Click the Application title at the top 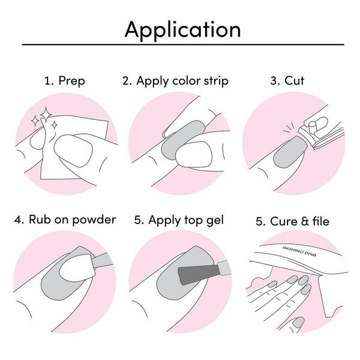point(182,30)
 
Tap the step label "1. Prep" point(65,81)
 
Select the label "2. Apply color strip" point(175,81)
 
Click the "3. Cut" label point(287,80)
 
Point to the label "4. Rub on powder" point(65,220)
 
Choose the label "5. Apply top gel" point(179,220)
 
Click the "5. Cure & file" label point(293,221)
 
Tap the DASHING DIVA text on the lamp point(299,251)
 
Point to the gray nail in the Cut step point(290,152)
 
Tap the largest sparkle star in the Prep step point(46,114)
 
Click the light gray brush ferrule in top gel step point(224,268)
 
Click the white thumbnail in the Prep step point(73,151)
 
